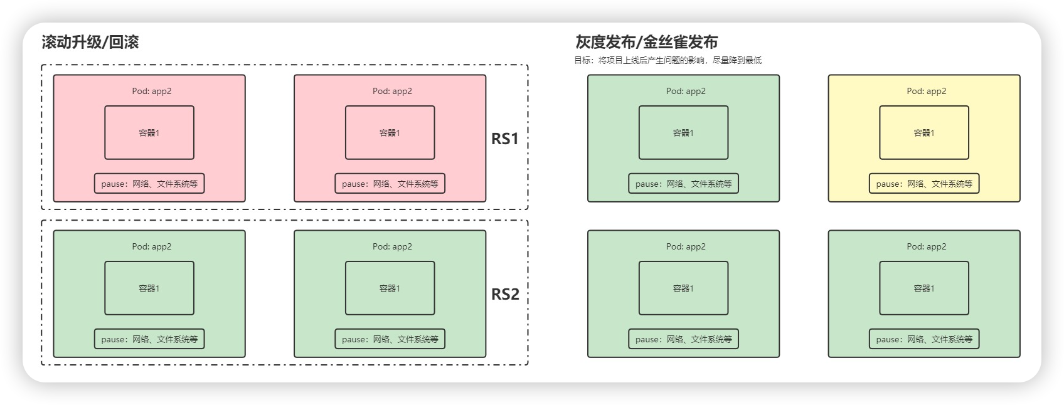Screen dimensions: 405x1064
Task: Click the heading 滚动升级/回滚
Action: (x=90, y=43)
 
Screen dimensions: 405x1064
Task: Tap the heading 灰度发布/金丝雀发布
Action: (x=647, y=43)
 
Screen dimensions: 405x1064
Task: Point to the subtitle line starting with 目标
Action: (x=668, y=61)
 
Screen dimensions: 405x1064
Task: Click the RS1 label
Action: (x=505, y=139)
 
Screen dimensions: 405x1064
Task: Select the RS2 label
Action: (x=505, y=294)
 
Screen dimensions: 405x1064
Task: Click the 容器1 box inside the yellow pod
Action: (x=923, y=133)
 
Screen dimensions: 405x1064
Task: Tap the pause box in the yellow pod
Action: (x=923, y=184)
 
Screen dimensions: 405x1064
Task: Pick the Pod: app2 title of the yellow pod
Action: (x=926, y=91)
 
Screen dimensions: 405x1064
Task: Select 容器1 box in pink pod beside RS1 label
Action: (x=390, y=133)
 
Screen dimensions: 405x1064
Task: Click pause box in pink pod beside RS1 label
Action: (x=390, y=184)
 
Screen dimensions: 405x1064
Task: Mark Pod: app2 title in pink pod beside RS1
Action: (x=392, y=91)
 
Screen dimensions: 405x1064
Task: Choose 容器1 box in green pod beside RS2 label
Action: (x=390, y=288)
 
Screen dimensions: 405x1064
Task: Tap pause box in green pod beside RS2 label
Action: (x=390, y=339)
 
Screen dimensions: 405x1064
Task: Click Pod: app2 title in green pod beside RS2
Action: (x=392, y=246)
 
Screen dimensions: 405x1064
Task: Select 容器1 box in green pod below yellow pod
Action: (x=923, y=288)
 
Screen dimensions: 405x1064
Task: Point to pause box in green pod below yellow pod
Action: (x=923, y=339)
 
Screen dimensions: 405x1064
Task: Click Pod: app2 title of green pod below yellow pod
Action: (x=926, y=246)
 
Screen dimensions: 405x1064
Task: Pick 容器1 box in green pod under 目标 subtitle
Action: (x=683, y=133)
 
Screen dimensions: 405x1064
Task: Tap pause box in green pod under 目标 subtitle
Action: (x=683, y=184)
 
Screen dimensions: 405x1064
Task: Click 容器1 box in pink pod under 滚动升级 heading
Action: (x=149, y=133)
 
